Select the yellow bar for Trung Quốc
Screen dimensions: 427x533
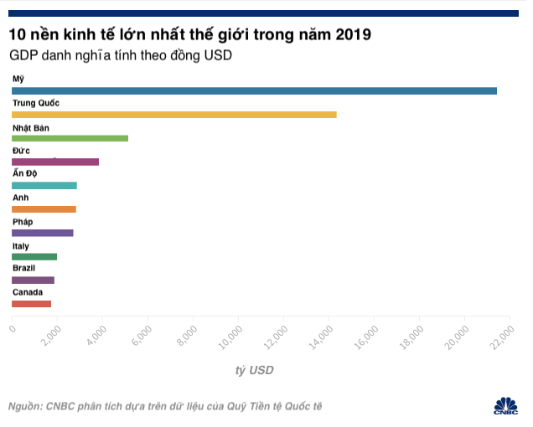173,114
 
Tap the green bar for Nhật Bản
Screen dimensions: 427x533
70,138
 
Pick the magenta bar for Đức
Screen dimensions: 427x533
55,162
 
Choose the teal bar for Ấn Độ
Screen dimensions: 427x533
44,185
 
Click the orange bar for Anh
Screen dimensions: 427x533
44,209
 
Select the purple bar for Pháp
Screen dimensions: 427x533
43,233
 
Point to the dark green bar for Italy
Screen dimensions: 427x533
34,256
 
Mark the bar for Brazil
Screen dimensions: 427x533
33,280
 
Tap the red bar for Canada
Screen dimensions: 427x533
31,304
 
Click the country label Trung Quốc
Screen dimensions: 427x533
35,102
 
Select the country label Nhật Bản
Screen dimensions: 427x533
31,126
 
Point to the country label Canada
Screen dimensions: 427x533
27,292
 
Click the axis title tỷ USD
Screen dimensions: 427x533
254,370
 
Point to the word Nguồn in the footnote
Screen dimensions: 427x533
24,406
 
